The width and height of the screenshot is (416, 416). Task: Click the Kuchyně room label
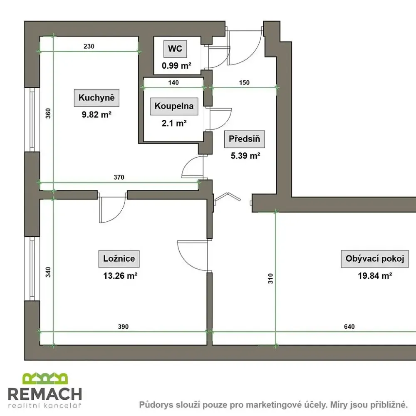97,98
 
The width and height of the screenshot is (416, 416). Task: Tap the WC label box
175,49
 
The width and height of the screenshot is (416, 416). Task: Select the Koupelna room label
174,106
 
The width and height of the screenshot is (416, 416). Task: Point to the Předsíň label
244,139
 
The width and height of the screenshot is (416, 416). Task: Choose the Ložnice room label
119,258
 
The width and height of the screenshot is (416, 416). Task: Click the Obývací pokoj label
375,258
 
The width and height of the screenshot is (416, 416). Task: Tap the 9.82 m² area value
97,115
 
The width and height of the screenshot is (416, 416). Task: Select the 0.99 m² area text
177,66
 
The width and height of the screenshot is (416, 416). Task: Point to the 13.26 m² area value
120,276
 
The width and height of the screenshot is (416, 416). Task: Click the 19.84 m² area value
375,276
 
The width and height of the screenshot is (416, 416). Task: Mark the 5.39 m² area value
245,156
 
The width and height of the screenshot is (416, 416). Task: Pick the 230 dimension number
89,46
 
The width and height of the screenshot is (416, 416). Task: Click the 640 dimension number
349,327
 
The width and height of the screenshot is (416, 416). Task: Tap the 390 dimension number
123,327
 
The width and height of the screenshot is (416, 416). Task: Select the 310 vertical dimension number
270,279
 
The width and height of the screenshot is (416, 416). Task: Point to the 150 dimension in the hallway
244,82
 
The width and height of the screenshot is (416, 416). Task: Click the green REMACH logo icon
45,378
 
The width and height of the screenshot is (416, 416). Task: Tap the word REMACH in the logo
45,394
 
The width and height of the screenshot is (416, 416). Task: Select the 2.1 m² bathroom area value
174,123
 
